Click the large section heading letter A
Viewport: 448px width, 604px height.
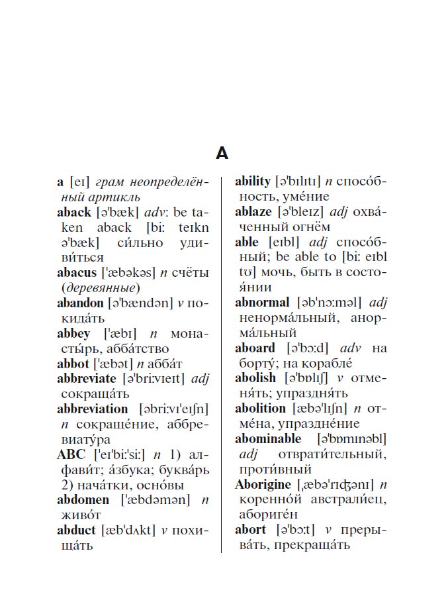(222, 154)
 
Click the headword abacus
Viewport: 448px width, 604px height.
(74, 272)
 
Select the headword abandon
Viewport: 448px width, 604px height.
(80, 303)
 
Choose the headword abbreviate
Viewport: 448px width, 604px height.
(87, 379)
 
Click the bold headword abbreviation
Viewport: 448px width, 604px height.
(92, 409)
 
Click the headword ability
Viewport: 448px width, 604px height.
(253, 181)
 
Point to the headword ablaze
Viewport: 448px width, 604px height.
(253, 211)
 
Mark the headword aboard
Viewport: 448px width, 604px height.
(255, 348)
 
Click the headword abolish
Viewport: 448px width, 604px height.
(255, 378)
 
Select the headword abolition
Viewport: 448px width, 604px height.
(260, 409)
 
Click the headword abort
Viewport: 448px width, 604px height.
(250, 530)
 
